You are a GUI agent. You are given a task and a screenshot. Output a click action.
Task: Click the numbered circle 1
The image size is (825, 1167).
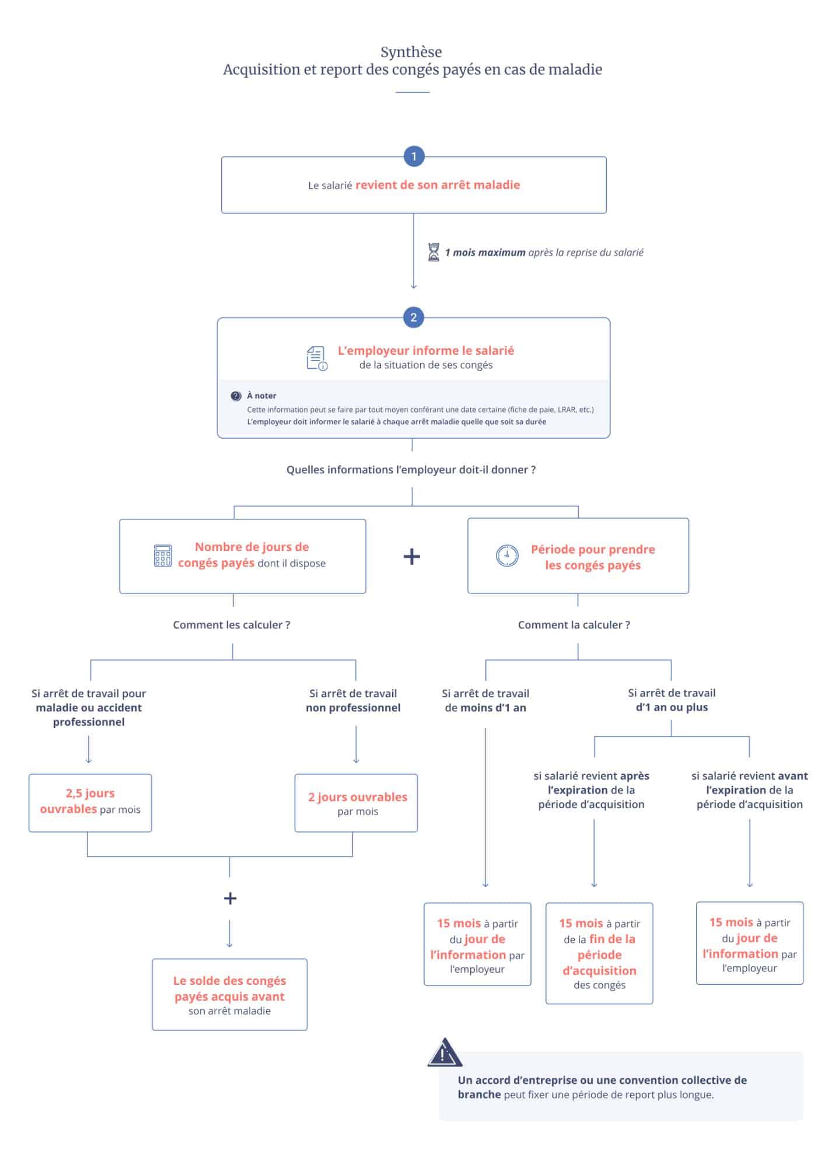414,156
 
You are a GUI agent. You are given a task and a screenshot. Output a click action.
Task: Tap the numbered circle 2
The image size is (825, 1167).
414,317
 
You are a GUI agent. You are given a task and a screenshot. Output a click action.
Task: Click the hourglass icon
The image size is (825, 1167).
434,252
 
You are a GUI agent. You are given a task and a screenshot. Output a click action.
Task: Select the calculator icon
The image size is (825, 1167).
163,556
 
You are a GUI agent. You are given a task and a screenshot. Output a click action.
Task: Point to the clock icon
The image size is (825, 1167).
507,555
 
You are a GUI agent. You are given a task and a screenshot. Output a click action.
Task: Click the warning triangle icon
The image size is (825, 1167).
445,1053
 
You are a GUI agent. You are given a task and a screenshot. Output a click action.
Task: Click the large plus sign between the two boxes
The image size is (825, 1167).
412,556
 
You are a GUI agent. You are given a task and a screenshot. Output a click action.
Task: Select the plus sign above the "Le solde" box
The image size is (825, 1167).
230,898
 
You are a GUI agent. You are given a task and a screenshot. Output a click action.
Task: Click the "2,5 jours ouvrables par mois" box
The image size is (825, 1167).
90,803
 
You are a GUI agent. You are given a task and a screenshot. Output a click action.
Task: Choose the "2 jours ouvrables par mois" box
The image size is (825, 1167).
356,803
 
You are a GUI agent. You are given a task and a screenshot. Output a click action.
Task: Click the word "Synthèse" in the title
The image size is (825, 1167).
411,52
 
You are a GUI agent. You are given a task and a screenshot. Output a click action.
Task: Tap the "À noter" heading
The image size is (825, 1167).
261,396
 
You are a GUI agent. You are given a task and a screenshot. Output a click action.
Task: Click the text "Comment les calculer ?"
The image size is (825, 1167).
232,625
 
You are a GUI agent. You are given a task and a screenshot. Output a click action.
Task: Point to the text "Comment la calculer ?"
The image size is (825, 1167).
574,625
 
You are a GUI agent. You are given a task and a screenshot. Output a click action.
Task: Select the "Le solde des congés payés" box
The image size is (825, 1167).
230,994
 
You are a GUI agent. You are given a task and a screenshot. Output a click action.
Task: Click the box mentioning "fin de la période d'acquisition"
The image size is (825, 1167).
599,953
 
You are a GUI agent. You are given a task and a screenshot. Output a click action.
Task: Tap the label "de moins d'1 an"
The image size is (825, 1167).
485,708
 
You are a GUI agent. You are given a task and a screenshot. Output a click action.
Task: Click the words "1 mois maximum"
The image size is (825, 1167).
485,253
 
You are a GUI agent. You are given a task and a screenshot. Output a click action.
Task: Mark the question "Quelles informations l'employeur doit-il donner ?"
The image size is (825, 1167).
411,470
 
